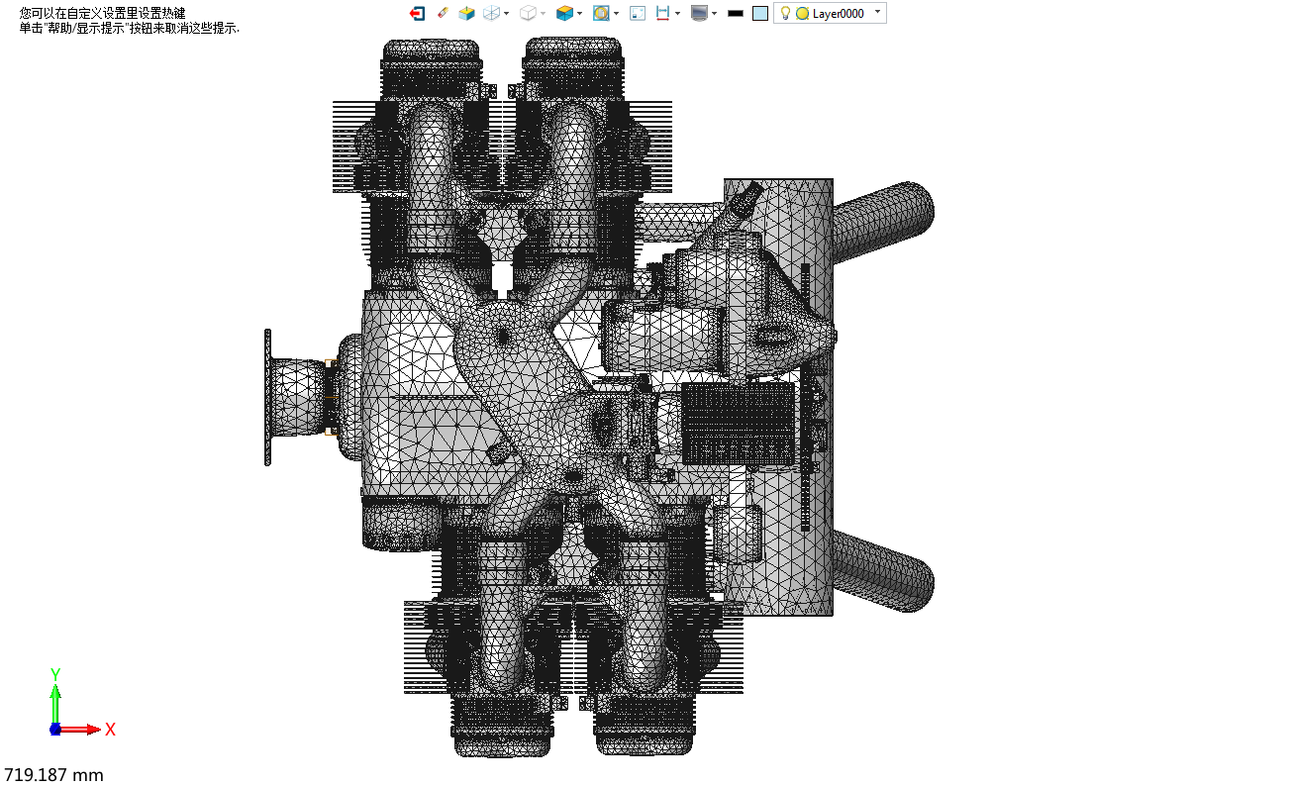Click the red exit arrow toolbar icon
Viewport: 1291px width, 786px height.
(x=417, y=13)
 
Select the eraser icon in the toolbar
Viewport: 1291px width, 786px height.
(x=443, y=13)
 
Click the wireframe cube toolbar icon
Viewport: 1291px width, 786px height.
(x=491, y=13)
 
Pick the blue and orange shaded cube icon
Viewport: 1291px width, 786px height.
(x=564, y=13)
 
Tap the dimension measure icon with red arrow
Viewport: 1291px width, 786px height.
(x=662, y=13)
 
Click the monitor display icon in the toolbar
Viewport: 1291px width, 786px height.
(x=699, y=13)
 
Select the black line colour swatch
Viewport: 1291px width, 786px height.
(x=736, y=13)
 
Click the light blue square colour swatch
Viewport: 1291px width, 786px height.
(x=760, y=13)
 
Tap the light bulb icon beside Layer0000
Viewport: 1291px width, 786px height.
(x=785, y=13)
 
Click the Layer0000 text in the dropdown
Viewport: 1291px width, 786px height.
(x=838, y=13)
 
